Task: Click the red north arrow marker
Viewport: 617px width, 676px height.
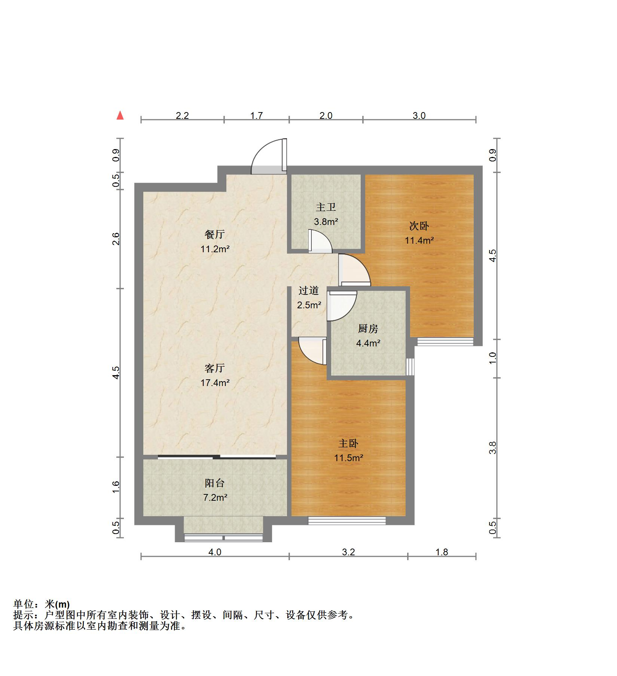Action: pyautogui.click(x=120, y=115)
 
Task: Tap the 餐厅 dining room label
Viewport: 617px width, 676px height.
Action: pyautogui.click(x=215, y=234)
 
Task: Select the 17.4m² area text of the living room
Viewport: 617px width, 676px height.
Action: pyautogui.click(x=215, y=383)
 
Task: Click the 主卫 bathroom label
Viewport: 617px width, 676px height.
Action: pyautogui.click(x=326, y=207)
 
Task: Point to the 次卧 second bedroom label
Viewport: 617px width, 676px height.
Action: pyautogui.click(x=419, y=226)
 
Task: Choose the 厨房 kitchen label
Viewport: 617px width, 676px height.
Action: pyautogui.click(x=368, y=329)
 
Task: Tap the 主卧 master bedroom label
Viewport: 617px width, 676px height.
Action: pyautogui.click(x=348, y=444)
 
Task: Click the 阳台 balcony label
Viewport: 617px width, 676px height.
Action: pyautogui.click(x=215, y=483)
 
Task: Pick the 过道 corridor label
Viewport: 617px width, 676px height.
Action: pyautogui.click(x=309, y=290)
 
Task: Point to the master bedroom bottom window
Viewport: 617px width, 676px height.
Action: pyautogui.click(x=347, y=521)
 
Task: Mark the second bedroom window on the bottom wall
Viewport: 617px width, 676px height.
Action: pyautogui.click(x=445, y=342)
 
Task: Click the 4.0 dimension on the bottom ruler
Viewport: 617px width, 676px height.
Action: pyautogui.click(x=215, y=552)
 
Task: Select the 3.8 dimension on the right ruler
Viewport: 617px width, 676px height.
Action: pyautogui.click(x=493, y=448)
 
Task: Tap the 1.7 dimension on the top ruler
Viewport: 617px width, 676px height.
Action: pyautogui.click(x=256, y=115)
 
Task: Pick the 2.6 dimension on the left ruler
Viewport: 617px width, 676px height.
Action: pyautogui.click(x=116, y=239)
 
